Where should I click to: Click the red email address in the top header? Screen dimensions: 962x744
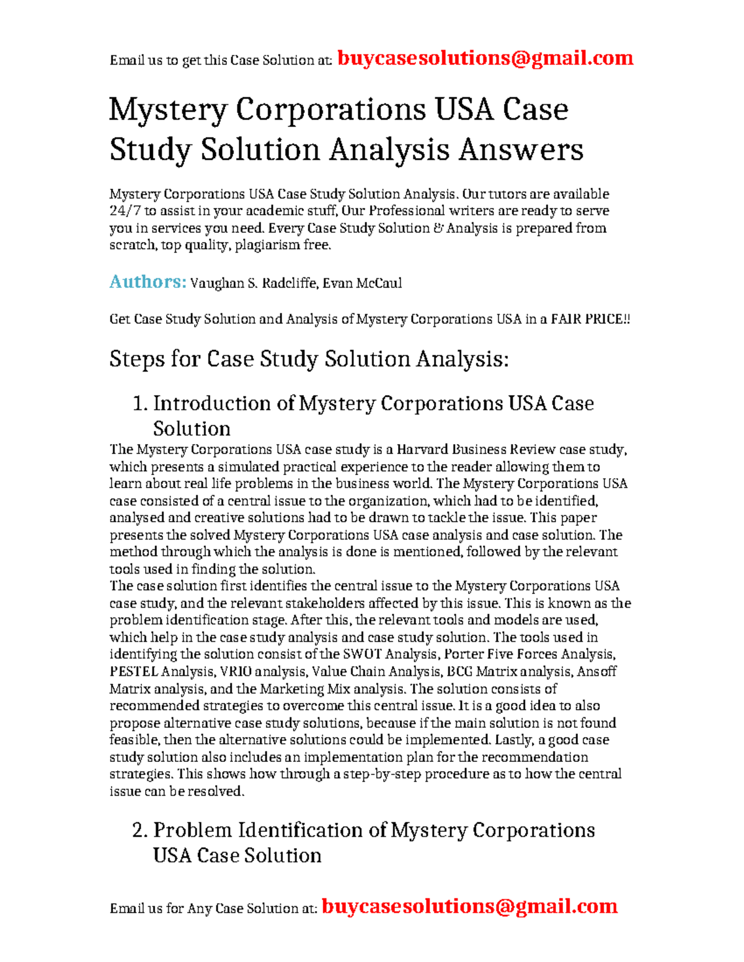pos(485,58)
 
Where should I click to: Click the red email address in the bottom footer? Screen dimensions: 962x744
pos(469,906)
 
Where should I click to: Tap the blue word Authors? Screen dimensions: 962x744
pos(148,282)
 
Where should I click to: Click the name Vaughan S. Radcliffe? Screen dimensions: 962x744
pos(254,284)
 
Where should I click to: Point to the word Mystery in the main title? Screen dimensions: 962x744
pos(168,110)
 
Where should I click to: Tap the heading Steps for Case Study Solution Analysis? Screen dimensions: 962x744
pos(309,359)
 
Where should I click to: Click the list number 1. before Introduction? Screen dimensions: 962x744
pos(140,404)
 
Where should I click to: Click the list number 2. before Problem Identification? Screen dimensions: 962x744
pos(140,831)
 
